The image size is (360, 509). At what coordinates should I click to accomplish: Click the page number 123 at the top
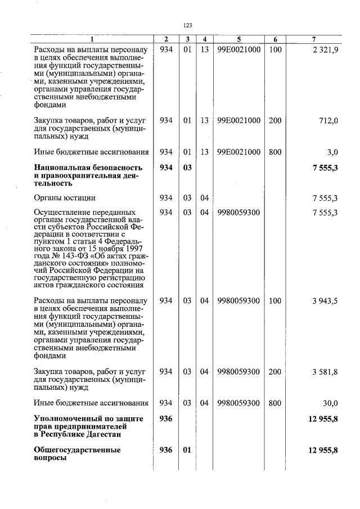(188, 25)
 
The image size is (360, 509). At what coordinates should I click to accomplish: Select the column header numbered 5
(238, 39)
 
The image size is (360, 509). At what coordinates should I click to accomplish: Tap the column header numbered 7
(313, 39)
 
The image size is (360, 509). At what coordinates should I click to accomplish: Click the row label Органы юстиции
(65, 198)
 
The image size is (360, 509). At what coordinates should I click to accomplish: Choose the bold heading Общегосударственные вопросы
(77, 454)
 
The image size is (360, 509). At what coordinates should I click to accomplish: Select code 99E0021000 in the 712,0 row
(238, 121)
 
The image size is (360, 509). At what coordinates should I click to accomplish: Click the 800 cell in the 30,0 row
(274, 403)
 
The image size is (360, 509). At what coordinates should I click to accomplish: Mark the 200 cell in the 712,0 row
(274, 121)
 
